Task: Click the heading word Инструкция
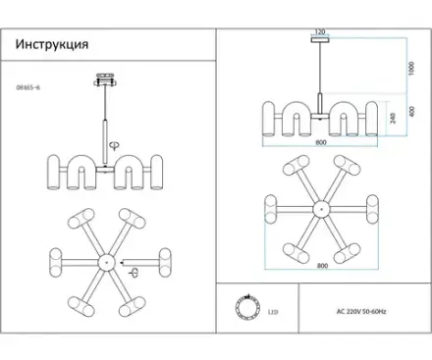pos(52,44)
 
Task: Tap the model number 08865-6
pos(28,87)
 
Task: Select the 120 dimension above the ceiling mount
pos(320,31)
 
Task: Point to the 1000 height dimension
pos(411,69)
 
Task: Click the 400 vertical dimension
pos(411,112)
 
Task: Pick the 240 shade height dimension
pos(393,118)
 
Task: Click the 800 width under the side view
pos(321,142)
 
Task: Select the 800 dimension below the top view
pos(322,266)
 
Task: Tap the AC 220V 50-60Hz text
pos(361,311)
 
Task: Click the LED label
pos(273,312)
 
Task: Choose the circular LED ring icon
pos(248,307)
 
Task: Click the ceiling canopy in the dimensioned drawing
pos(320,39)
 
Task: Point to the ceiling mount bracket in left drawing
pos(105,79)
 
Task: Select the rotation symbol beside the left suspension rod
pos(114,145)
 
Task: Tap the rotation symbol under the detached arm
pos(134,272)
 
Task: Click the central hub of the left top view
pos(107,262)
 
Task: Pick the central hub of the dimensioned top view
pos(321,209)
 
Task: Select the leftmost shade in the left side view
pos(54,173)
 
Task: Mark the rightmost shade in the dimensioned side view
pos(371,119)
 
